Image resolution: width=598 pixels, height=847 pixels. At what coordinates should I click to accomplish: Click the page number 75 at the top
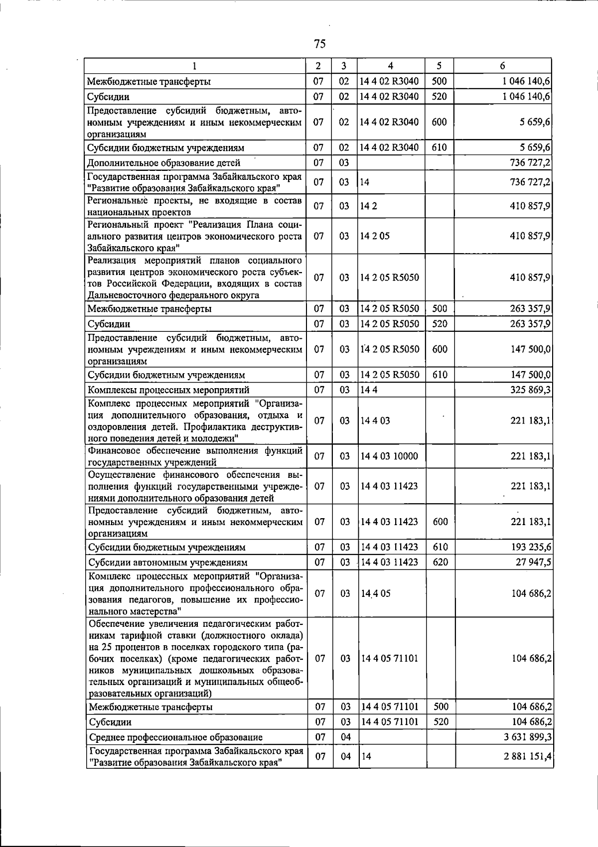coord(320,44)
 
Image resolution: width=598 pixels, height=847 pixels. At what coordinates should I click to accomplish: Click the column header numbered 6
coord(502,66)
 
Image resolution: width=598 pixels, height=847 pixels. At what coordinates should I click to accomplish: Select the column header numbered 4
coord(390,66)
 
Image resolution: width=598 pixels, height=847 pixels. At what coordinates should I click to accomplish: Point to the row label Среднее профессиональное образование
coord(175,737)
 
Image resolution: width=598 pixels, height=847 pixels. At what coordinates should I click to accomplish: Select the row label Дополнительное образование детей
coord(164,162)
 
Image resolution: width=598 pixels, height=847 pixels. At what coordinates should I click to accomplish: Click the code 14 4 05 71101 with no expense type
coord(389,658)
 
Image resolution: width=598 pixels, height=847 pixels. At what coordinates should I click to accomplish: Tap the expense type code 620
coord(440,562)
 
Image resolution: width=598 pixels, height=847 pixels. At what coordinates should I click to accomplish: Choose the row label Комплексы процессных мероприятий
coord(168,390)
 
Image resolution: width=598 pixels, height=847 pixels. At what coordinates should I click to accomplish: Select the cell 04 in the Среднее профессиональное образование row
coord(345,737)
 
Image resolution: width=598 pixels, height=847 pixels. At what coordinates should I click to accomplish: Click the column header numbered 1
coord(194,66)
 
